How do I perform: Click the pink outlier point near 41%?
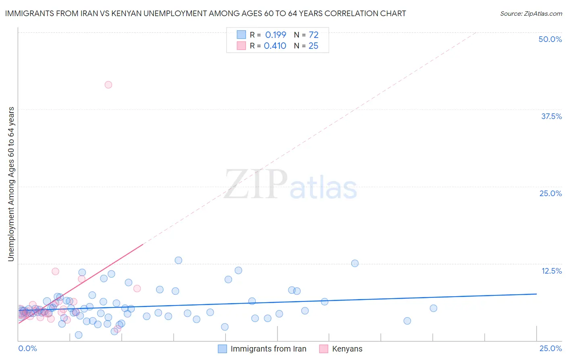[108, 85]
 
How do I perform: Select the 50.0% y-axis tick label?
[550, 39]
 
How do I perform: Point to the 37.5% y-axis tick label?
[551, 116]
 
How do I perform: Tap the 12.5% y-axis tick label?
[551, 271]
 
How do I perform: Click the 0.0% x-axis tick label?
[27, 348]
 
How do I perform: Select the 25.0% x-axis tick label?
[550, 348]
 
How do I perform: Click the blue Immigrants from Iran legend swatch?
[222, 349]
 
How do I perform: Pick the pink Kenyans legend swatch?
[323, 349]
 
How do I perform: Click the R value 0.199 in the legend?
[275, 35]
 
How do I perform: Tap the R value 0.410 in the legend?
[275, 46]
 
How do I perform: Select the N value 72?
[313, 35]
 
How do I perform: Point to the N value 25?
[313, 46]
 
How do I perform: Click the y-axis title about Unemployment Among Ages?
[11, 184]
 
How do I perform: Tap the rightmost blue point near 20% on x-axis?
[433, 308]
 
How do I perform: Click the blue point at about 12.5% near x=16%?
[354, 264]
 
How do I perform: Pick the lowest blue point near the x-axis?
[79, 335]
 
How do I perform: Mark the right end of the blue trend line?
[536, 294]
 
